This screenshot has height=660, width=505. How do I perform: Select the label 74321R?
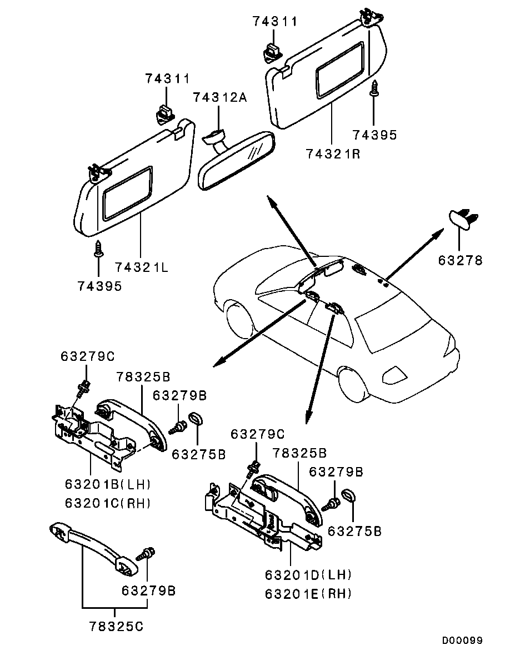point(333,153)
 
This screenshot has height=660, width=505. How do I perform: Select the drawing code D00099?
point(462,641)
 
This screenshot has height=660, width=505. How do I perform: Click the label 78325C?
point(116,627)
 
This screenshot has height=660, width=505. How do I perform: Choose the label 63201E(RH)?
point(309,594)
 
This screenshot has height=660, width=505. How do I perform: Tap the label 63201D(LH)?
point(309,574)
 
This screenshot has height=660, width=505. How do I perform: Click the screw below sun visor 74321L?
point(98,248)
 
